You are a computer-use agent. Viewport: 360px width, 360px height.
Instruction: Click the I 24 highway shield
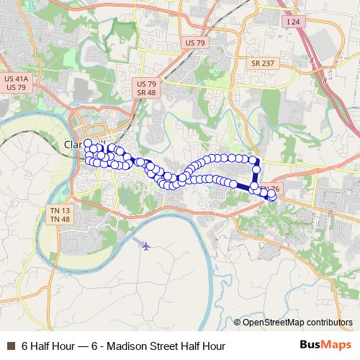point(292,22)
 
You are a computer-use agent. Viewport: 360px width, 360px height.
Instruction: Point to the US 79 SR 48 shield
point(147,89)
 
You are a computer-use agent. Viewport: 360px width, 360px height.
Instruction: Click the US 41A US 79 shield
point(16,83)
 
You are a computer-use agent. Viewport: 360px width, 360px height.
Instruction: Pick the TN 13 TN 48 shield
point(60,215)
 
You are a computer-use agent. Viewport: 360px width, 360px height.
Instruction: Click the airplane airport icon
point(147,246)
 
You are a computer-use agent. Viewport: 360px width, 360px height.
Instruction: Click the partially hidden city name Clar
point(74,143)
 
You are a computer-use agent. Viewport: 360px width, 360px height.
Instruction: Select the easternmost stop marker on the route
point(272,196)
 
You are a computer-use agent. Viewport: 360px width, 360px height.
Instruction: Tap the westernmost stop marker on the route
point(87,143)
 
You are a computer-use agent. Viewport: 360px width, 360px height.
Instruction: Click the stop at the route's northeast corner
point(254,160)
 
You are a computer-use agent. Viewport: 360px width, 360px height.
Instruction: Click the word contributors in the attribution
point(328,323)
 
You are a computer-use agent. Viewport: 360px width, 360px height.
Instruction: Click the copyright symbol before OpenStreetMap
point(237,323)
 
